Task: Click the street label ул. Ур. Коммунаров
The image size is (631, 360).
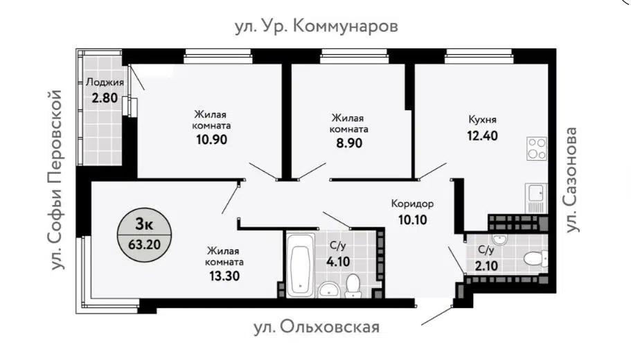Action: tap(317, 26)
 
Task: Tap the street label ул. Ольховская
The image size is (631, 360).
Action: tap(315, 327)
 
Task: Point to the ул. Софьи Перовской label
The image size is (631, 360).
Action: tap(55, 179)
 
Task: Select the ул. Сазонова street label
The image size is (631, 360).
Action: tap(574, 179)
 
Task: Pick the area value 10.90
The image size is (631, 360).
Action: tap(211, 138)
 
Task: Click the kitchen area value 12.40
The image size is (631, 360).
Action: tap(482, 134)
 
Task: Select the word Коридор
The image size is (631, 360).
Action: tap(411, 204)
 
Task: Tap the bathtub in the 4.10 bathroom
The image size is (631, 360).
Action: tap(299, 266)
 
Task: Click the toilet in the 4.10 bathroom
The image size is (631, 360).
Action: tap(353, 285)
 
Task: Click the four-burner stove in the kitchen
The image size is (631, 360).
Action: tap(536, 147)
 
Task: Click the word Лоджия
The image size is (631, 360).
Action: tap(105, 82)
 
